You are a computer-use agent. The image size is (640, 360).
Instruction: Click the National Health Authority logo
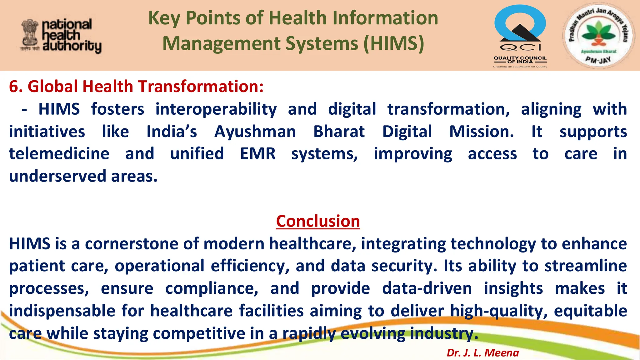coord(61,35)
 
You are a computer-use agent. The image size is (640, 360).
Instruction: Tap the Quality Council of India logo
coord(520,35)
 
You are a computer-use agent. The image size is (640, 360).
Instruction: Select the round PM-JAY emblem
coord(598,35)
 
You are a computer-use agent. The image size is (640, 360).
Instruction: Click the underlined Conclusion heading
coord(318,221)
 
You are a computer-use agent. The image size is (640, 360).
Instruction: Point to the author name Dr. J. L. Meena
coord(482,352)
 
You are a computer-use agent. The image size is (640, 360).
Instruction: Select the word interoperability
coord(216,109)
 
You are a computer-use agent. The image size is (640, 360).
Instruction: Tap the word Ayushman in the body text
coord(255,132)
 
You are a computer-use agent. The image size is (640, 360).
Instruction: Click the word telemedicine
coord(59,154)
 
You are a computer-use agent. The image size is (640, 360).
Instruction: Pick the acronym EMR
coord(258,154)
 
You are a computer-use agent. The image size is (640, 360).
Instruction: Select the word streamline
coord(585,266)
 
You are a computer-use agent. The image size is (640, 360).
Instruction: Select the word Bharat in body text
coord(339,132)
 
